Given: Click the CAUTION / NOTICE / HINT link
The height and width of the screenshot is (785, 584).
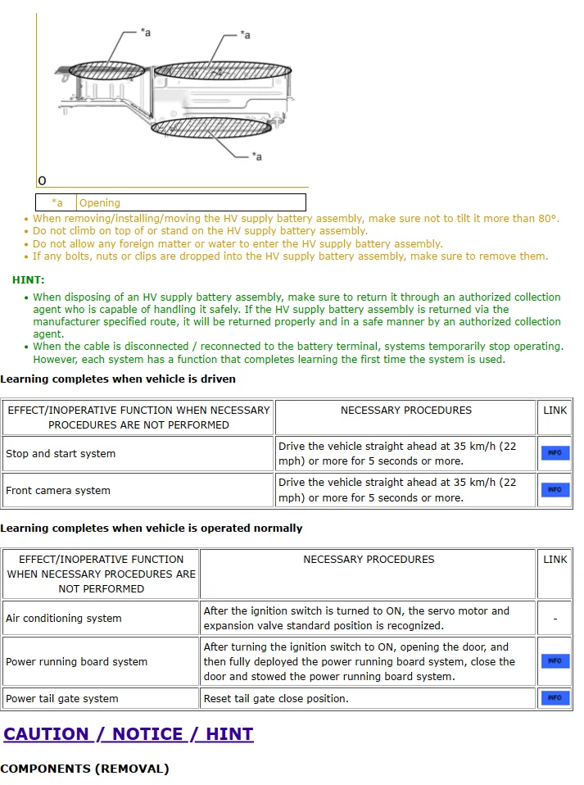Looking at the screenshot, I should click(129, 733).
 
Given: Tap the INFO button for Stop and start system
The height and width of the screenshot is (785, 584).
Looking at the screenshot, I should click(555, 453).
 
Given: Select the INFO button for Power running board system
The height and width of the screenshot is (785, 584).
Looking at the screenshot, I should click(555, 661).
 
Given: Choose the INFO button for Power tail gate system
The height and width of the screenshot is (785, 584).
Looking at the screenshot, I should click(555, 698).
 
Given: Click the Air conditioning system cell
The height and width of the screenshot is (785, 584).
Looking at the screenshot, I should click(64, 619).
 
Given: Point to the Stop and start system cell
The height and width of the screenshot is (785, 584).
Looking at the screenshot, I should click(61, 454).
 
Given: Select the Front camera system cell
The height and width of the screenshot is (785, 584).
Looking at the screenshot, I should click(58, 491).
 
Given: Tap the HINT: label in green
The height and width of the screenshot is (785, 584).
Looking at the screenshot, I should click(29, 280).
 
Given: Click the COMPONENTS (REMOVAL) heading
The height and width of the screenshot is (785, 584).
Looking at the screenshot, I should click(84, 769).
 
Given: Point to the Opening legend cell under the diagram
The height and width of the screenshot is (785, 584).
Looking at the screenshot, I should click(100, 202).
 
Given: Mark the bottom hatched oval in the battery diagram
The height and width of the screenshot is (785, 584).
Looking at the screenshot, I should click(201, 129).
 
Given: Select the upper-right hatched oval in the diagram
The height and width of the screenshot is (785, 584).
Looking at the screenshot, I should click(222, 70).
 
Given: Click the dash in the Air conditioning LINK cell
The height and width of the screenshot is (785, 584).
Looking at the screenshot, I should click(555, 619).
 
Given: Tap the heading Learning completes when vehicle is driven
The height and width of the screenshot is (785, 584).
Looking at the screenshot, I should click(118, 379).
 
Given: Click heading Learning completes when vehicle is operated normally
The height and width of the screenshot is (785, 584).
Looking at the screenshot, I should click(152, 529).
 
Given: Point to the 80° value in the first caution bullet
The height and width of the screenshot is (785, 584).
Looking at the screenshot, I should click(548, 219).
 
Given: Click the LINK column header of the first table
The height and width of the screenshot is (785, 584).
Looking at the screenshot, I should click(555, 411).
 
